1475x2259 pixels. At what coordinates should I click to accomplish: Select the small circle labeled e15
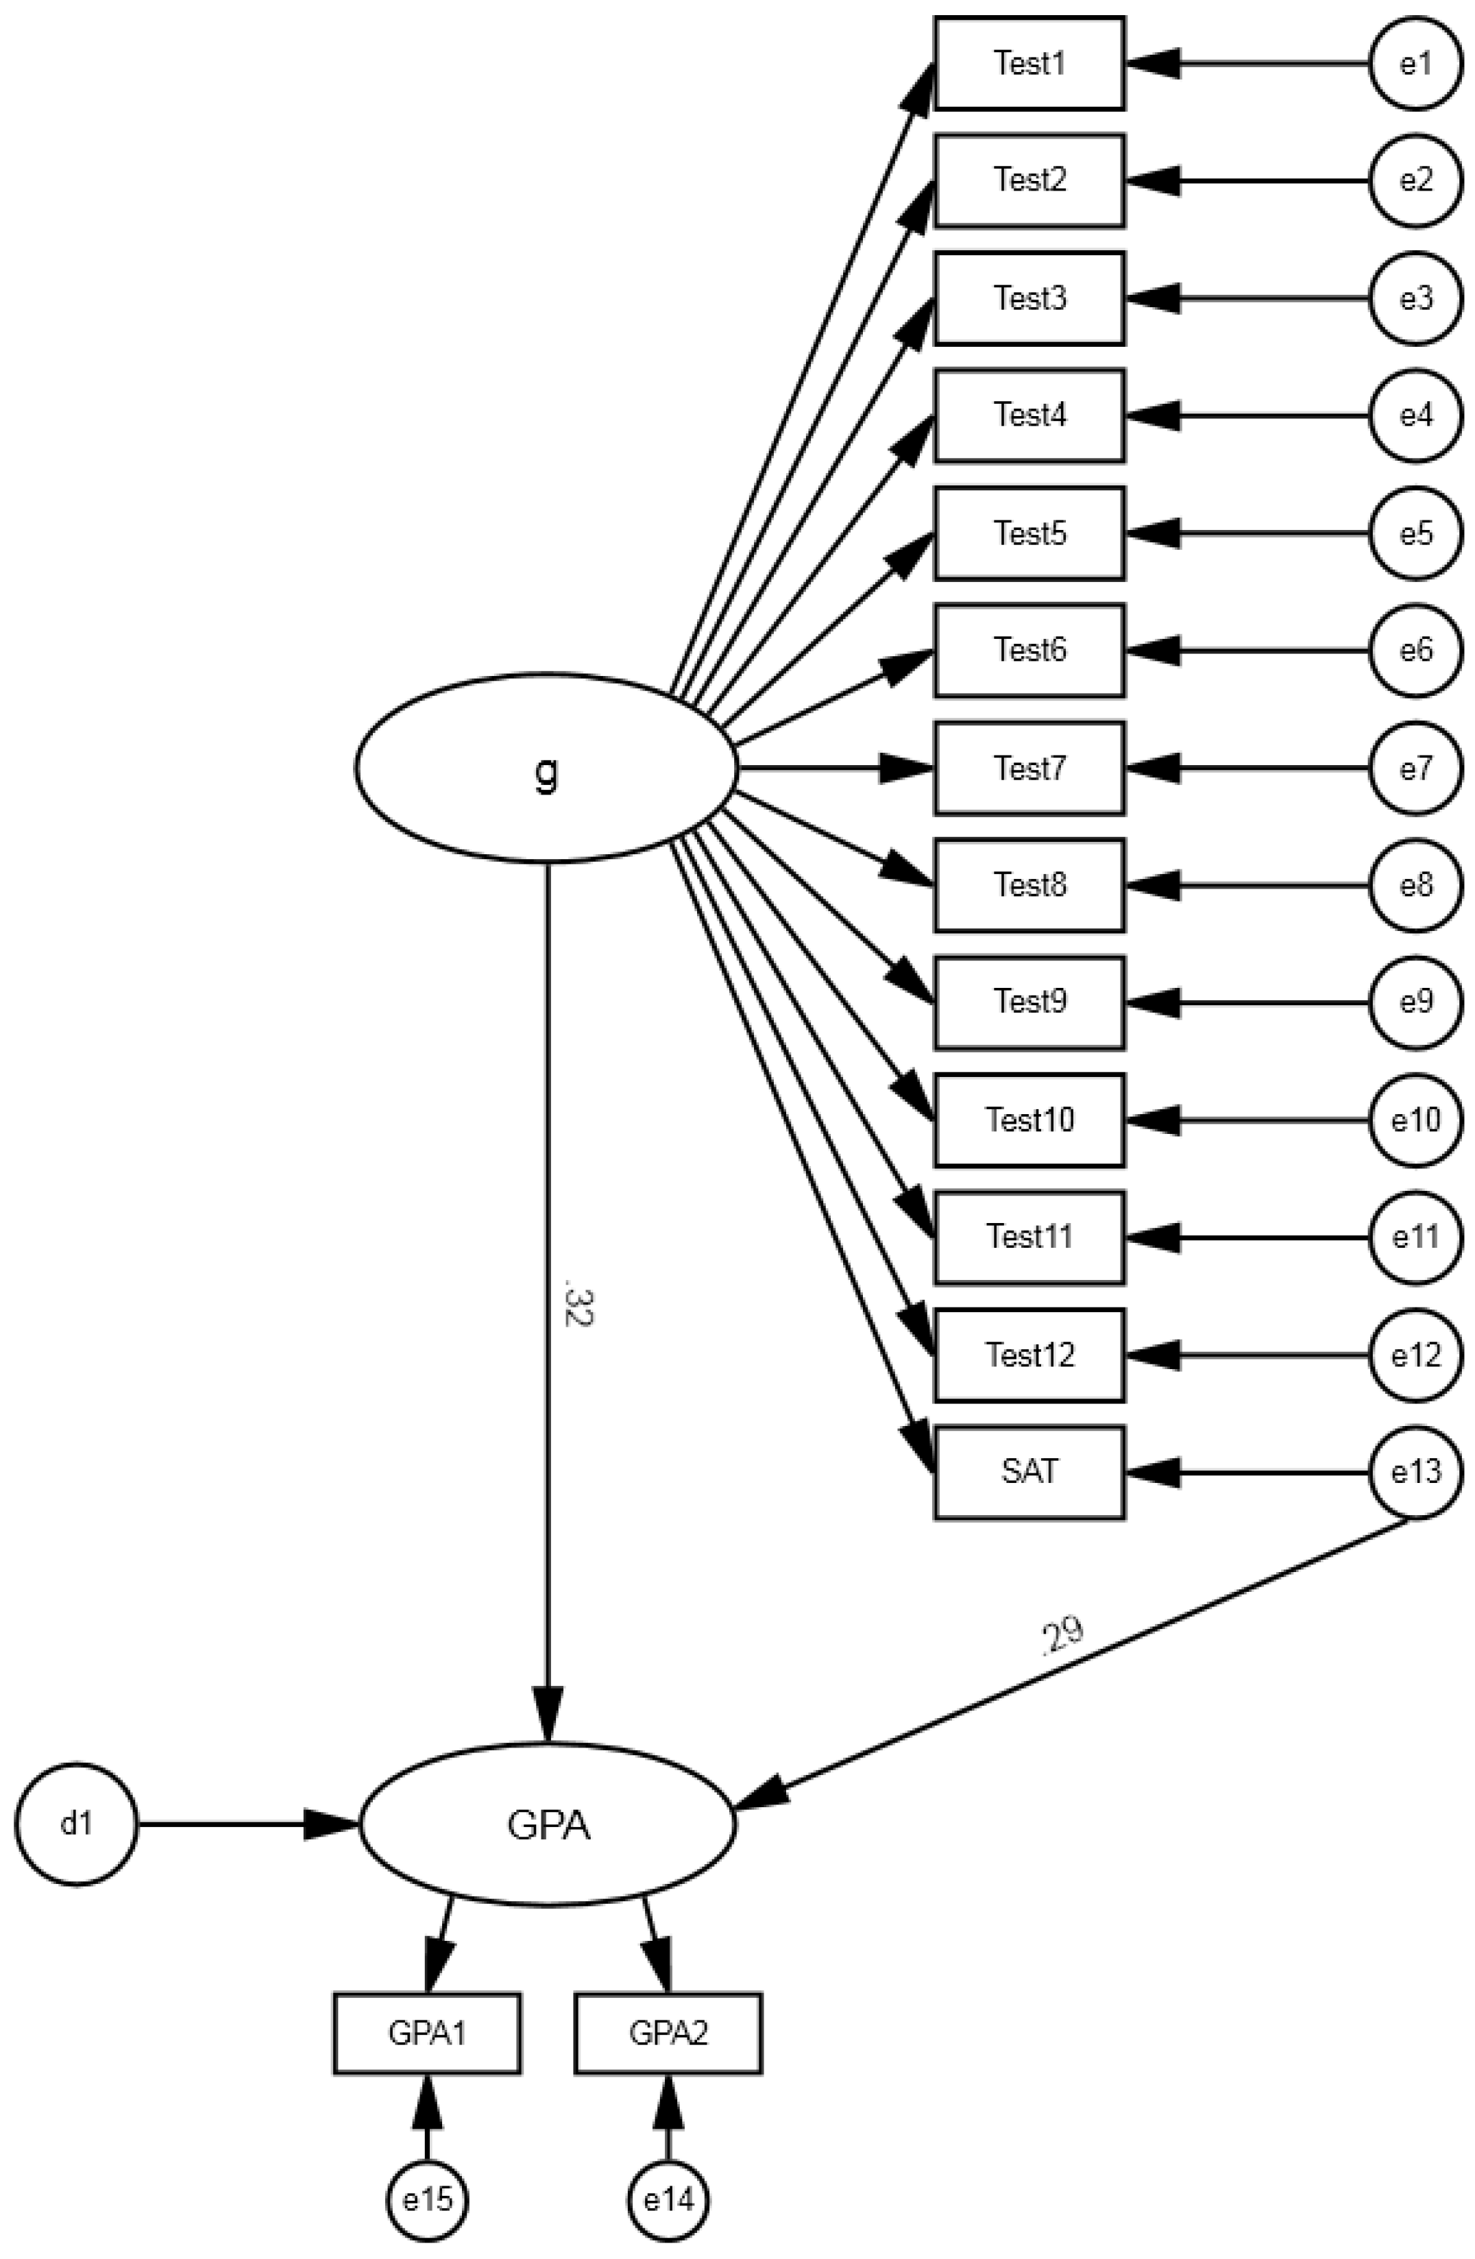[x=426, y=2199]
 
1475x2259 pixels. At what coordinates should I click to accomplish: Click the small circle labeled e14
[x=668, y=2199]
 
